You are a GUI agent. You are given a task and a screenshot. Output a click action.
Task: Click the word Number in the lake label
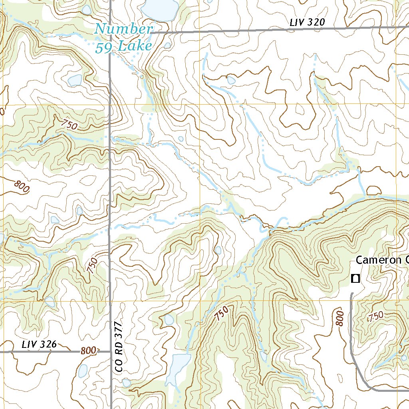[x=124, y=29]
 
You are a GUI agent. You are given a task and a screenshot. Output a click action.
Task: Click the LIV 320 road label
[x=307, y=23]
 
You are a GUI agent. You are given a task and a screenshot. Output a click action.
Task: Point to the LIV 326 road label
[x=39, y=344]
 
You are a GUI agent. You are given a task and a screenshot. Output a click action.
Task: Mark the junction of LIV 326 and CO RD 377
[x=110, y=352]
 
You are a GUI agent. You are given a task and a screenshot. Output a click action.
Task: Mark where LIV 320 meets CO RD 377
[x=110, y=32]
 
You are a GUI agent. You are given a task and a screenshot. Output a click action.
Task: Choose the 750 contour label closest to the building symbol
[x=375, y=316]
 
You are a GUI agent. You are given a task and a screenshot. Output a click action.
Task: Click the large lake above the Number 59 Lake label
[x=161, y=9]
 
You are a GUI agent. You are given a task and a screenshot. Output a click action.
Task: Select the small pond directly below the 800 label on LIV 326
[x=83, y=371]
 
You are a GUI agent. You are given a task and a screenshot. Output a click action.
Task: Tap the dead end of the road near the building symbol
[x=351, y=294]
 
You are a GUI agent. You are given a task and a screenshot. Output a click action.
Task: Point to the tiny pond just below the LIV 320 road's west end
[x=167, y=46]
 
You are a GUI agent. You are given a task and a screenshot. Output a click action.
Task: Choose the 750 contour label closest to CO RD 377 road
[x=93, y=265]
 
